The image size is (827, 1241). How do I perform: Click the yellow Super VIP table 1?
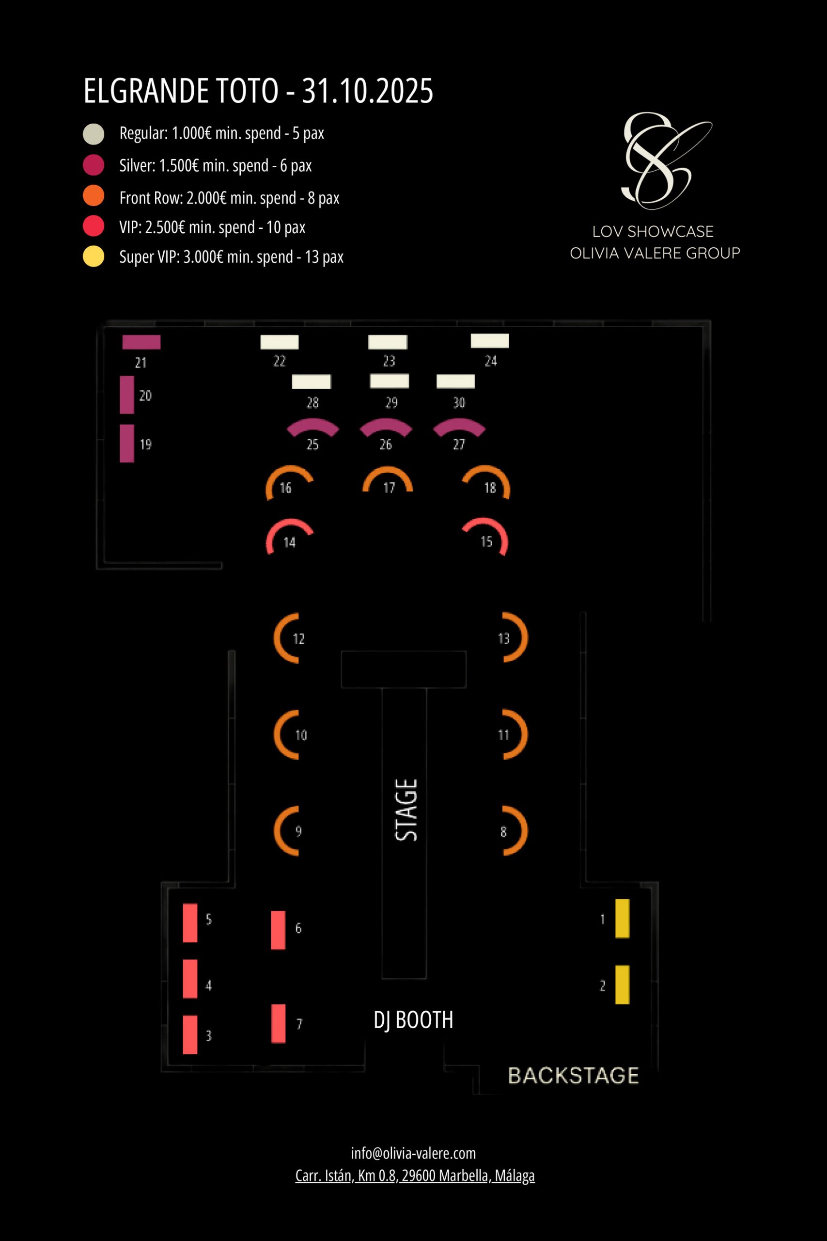[623, 919]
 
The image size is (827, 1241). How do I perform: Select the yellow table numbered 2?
[623, 985]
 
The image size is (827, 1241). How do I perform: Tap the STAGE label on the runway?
[406, 810]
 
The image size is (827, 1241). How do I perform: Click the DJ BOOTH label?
[413, 1020]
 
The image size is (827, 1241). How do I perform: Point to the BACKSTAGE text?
[573, 1075]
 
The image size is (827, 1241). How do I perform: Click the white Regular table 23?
[388, 342]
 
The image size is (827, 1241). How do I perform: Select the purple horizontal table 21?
[141, 342]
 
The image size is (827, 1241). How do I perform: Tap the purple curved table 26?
[386, 426]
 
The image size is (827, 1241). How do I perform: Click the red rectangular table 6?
[278, 930]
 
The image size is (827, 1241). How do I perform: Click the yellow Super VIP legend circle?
[94, 256]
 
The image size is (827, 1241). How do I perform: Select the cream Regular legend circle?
[94, 133]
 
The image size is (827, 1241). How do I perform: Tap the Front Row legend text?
[230, 198]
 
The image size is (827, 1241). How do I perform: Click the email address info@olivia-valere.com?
[413, 1153]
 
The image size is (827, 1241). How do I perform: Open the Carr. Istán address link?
[415, 1176]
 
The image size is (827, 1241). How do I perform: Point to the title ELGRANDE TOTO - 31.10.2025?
[258, 91]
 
